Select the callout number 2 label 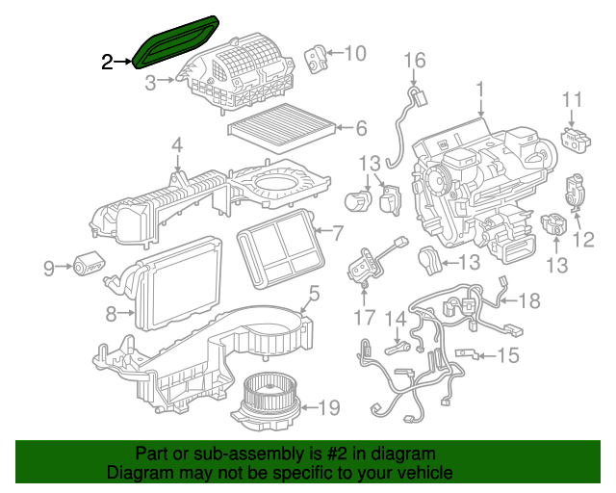(108, 64)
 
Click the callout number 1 (477, 92)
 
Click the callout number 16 (414, 62)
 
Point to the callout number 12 (583, 238)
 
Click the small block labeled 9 (90, 266)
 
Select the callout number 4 (177, 145)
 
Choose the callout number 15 (507, 356)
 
